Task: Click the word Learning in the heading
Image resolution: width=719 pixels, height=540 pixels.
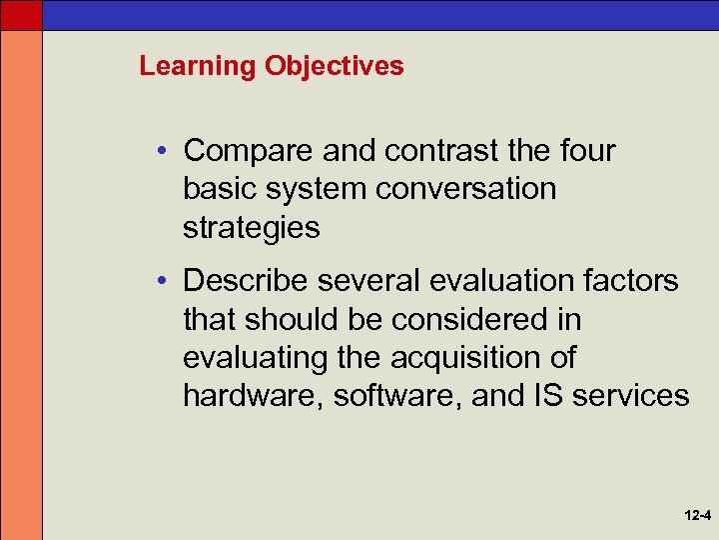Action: click(x=198, y=67)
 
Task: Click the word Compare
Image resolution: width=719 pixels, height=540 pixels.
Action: click(x=250, y=152)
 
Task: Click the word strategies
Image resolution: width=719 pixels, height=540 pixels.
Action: click(x=252, y=228)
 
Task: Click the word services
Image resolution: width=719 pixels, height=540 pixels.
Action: click(x=632, y=396)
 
